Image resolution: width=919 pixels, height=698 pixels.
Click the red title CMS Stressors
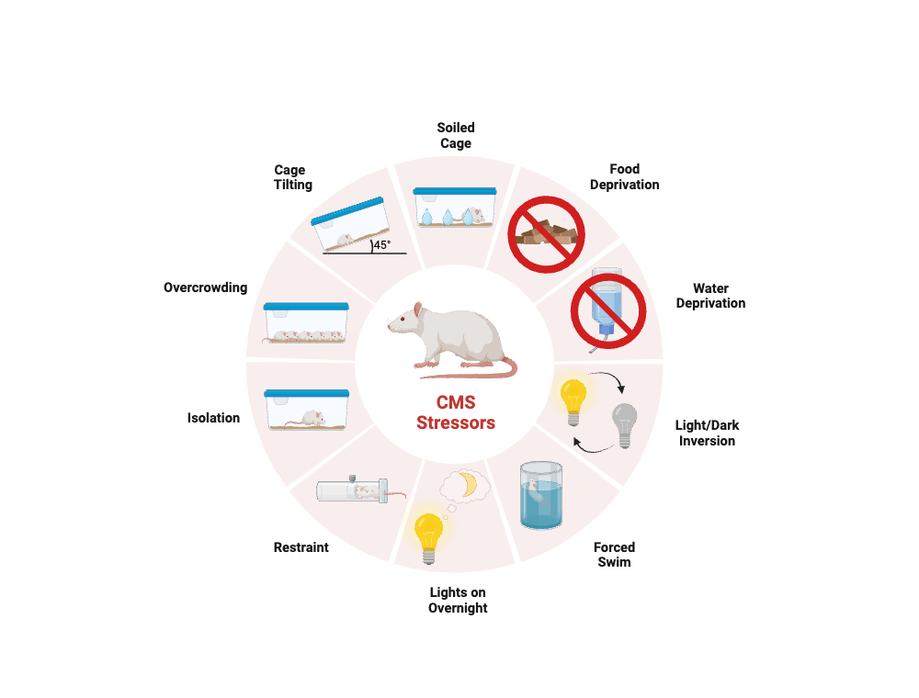(456, 412)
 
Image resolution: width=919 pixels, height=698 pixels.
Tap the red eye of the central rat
(403, 318)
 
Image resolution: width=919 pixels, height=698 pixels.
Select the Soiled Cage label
(456, 135)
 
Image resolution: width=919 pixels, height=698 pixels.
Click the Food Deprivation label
(624, 177)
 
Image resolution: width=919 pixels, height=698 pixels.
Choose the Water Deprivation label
(710, 296)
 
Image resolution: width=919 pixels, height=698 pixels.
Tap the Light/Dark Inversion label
(707, 433)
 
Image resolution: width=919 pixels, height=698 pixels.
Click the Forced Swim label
(614, 555)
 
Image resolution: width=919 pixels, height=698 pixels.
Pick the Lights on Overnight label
(458, 601)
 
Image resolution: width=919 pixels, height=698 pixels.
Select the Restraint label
(301, 547)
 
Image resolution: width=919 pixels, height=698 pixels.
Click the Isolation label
(213, 418)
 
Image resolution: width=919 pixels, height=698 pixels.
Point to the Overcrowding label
(205, 287)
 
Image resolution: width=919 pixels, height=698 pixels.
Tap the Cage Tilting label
(292, 177)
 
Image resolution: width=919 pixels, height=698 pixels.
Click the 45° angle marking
(381, 245)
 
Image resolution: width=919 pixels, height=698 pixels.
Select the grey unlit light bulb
(624, 424)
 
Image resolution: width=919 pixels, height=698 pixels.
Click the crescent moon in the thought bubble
(469, 484)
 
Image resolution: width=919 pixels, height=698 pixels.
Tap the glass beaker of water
(541, 495)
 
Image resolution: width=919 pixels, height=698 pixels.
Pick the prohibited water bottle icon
(608, 310)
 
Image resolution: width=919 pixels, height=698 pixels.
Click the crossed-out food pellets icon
(546, 234)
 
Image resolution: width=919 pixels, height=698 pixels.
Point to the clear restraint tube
(352, 490)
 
